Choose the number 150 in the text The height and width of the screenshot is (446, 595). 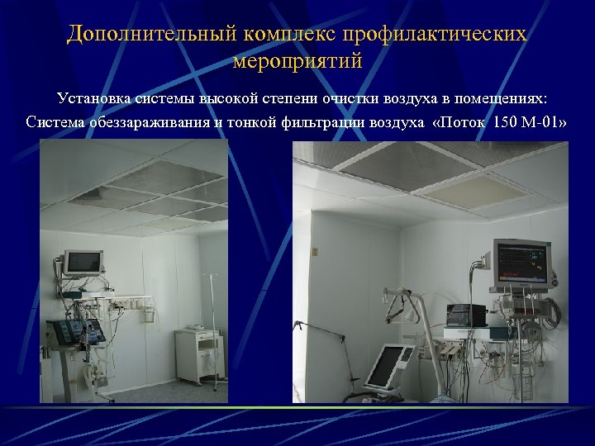507,124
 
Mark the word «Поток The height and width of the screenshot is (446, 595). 457,124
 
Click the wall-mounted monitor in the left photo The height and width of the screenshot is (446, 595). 83,263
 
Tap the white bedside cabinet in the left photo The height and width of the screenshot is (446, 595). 198,355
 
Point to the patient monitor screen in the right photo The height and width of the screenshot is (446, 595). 521,264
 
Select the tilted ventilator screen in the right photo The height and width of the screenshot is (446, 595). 389,366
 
